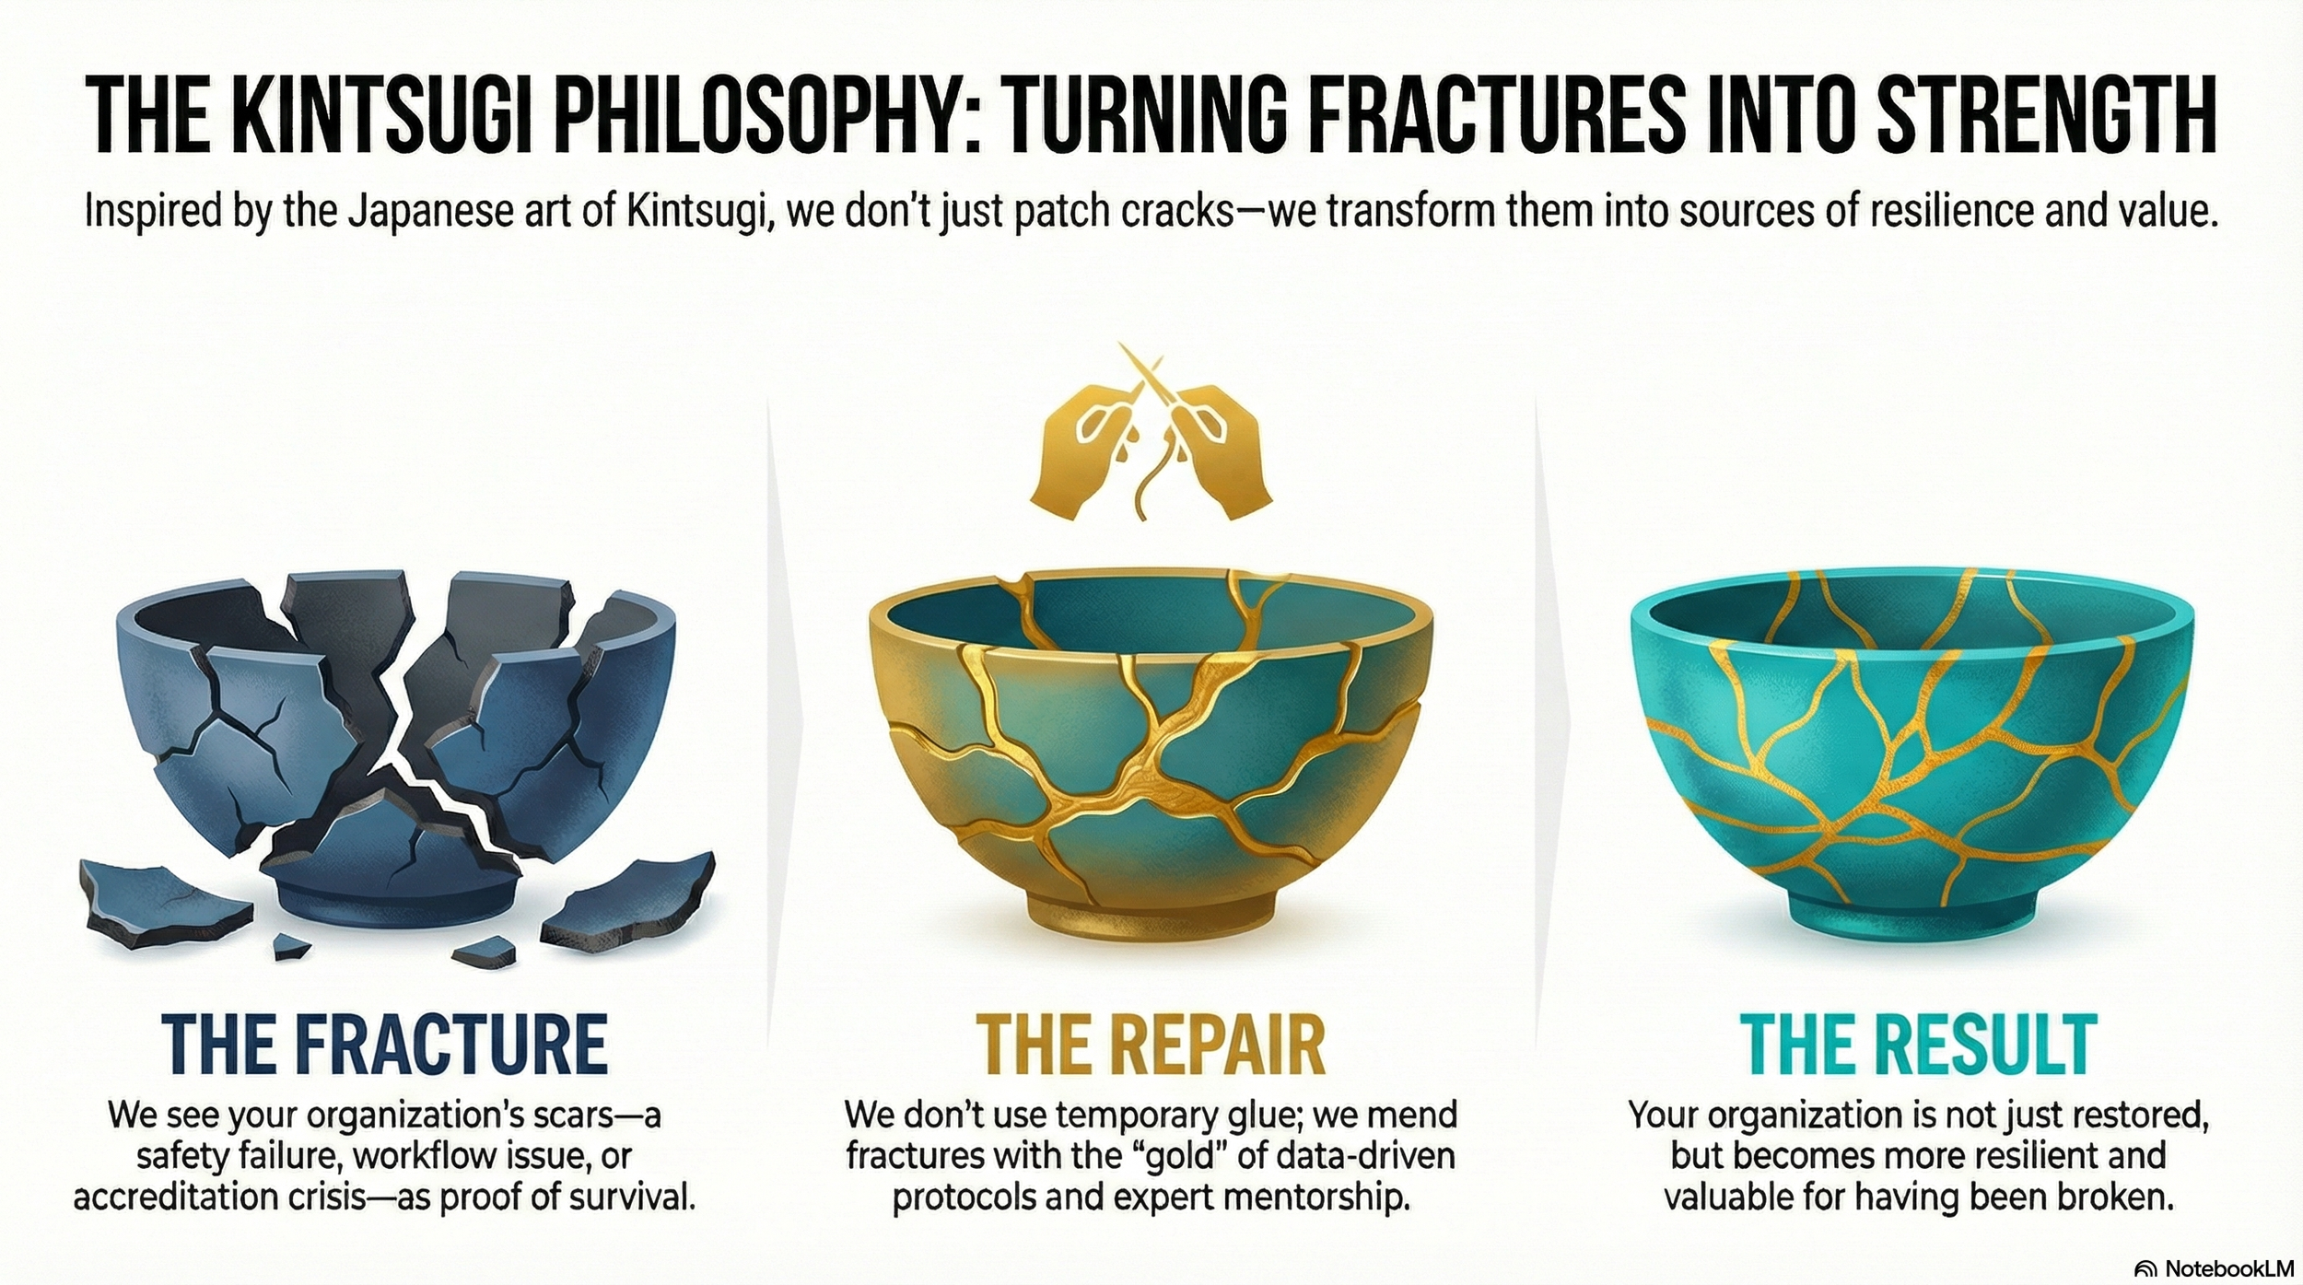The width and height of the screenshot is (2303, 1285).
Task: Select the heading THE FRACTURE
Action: point(385,1043)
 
